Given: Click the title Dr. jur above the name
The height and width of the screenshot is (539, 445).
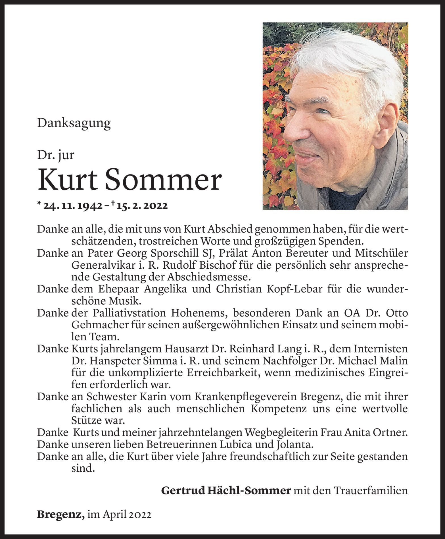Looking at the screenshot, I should [56, 155].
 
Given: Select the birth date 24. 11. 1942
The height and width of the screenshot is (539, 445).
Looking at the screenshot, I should [73, 206].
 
